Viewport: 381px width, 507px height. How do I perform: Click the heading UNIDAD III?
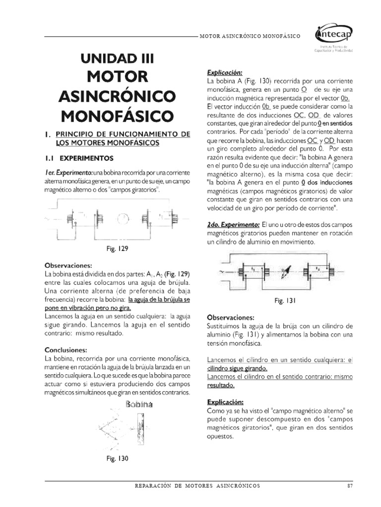(118, 58)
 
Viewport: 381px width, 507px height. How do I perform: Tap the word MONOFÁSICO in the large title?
(118, 115)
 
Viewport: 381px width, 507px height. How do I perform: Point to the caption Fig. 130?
(117, 458)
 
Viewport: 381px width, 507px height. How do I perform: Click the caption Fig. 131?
(285, 301)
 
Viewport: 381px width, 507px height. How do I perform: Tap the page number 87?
(349, 486)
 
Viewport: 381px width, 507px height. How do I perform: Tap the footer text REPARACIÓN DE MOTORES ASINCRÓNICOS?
(197, 486)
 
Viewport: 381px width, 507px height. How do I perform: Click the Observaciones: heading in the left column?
(68, 265)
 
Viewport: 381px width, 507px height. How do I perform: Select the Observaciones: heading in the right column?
(230, 317)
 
